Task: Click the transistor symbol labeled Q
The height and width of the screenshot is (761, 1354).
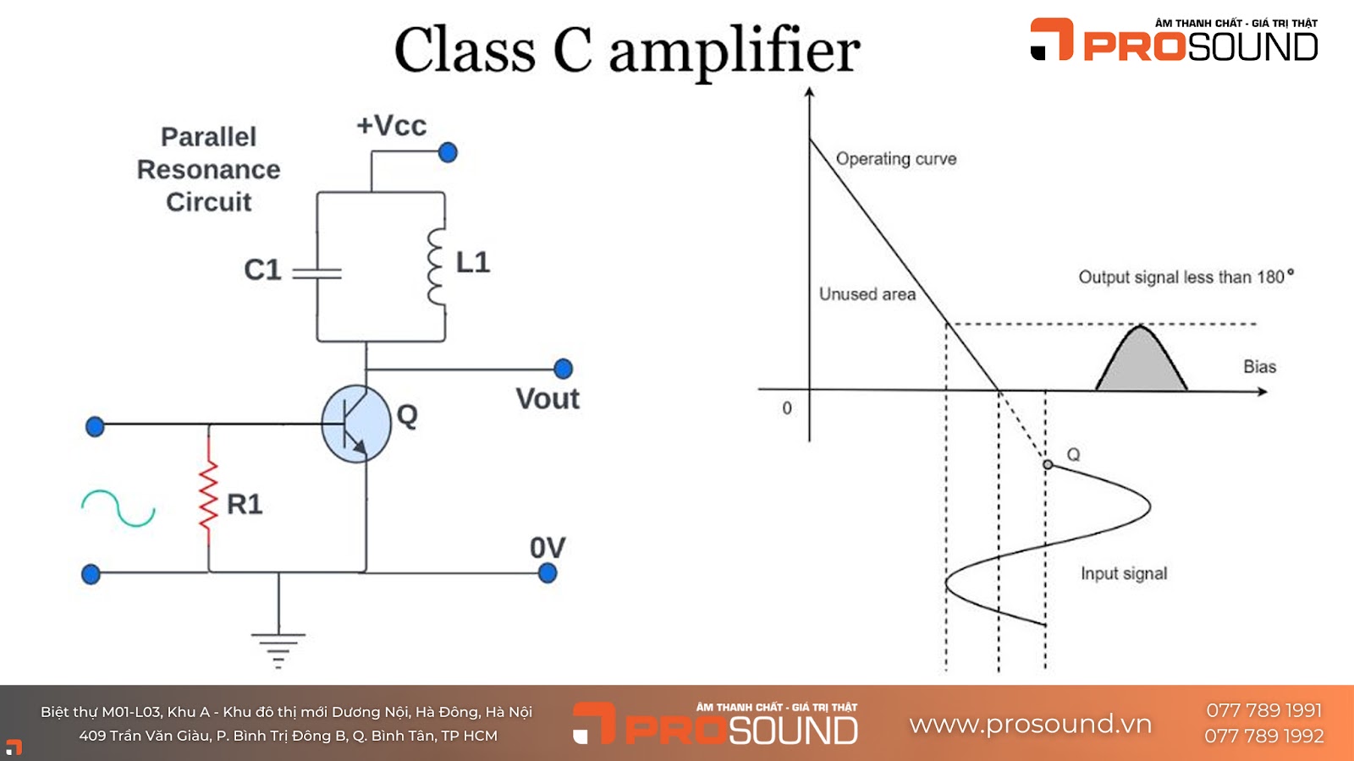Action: click(x=356, y=424)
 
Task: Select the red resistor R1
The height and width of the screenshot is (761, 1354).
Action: click(x=208, y=496)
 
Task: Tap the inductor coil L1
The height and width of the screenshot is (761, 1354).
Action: click(x=437, y=266)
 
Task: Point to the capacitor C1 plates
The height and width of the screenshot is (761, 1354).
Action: click(x=317, y=273)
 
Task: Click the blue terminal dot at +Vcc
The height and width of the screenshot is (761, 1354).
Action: click(x=448, y=152)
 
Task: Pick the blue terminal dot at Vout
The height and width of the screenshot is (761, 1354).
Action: click(x=563, y=369)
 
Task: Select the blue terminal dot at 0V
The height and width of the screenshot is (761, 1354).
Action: click(x=548, y=573)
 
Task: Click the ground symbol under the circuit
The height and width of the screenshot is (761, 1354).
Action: click(x=278, y=648)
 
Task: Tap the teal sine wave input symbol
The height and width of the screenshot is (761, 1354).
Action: click(x=118, y=507)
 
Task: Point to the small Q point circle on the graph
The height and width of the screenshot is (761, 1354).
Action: click(x=1048, y=464)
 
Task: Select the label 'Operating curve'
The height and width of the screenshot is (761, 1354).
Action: click(x=896, y=159)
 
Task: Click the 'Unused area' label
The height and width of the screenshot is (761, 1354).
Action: click(x=867, y=294)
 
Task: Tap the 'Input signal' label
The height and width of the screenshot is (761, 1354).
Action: click(x=1124, y=573)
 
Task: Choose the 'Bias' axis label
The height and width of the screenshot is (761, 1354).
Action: click(x=1259, y=367)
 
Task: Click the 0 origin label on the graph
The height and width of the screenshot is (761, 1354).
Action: click(x=787, y=408)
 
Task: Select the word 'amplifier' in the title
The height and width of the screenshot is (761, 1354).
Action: click(x=734, y=51)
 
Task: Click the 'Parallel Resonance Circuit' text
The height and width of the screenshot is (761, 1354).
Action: click(x=208, y=169)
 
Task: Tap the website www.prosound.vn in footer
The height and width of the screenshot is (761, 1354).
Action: click(x=1030, y=725)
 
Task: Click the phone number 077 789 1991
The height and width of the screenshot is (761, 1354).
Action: click(x=1263, y=710)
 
